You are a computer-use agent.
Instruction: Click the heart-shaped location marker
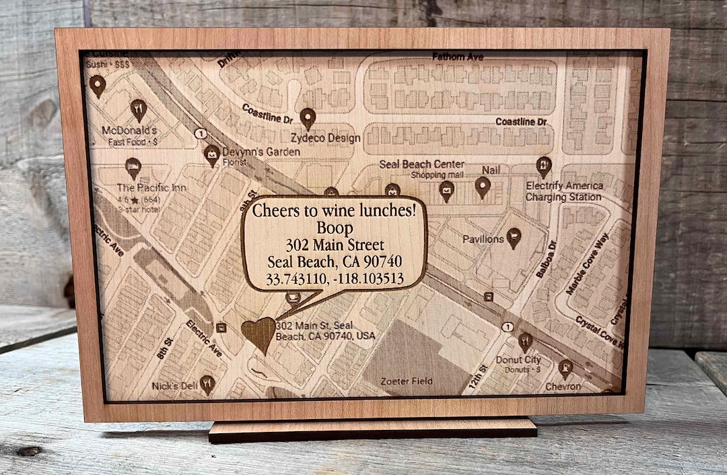(x=258, y=334)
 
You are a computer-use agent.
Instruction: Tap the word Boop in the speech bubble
(x=335, y=228)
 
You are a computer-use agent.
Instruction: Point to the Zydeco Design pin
(x=308, y=118)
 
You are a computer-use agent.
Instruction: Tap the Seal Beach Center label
(x=421, y=164)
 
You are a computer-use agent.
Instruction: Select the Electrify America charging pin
(x=543, y=166)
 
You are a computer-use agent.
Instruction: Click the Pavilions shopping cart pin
(x=514, y=236)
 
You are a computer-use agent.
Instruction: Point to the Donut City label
(x=518, y=360)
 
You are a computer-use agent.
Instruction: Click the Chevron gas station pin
(x=566, y=368)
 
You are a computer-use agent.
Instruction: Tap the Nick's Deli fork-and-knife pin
(x=207, y=384)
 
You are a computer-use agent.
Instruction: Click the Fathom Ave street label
(x=458, y=57)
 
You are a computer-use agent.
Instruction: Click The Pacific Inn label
(x=151, y=188)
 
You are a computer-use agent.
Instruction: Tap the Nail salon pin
(x=483, y=186)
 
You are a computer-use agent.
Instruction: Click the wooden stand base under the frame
(x=372, y=429)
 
